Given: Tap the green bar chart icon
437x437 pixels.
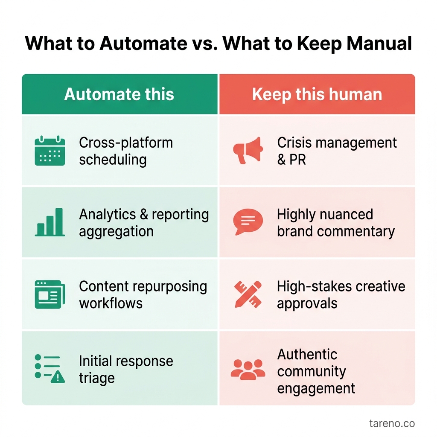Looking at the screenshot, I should [x=50, y=222].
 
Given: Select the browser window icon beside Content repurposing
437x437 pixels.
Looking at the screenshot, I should [x=50, y=294].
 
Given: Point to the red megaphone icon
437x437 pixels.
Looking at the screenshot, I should [x=248, y=150].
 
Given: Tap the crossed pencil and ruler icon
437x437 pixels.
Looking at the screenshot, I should [x=248, y=294].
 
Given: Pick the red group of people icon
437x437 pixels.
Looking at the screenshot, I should [x=248, y=369].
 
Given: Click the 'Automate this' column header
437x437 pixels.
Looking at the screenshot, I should [x=119, y=94].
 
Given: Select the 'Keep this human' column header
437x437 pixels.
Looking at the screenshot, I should [x=317, y=94].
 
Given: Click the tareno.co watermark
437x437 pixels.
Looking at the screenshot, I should [x=392, y=423].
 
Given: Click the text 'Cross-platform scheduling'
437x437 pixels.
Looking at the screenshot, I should [x=126, y=151].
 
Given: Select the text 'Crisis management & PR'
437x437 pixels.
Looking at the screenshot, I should [x=337, y=151].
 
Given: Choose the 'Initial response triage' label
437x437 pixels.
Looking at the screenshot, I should [x=126, y=369].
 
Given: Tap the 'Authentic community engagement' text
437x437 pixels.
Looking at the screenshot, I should [x=316, y=371].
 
